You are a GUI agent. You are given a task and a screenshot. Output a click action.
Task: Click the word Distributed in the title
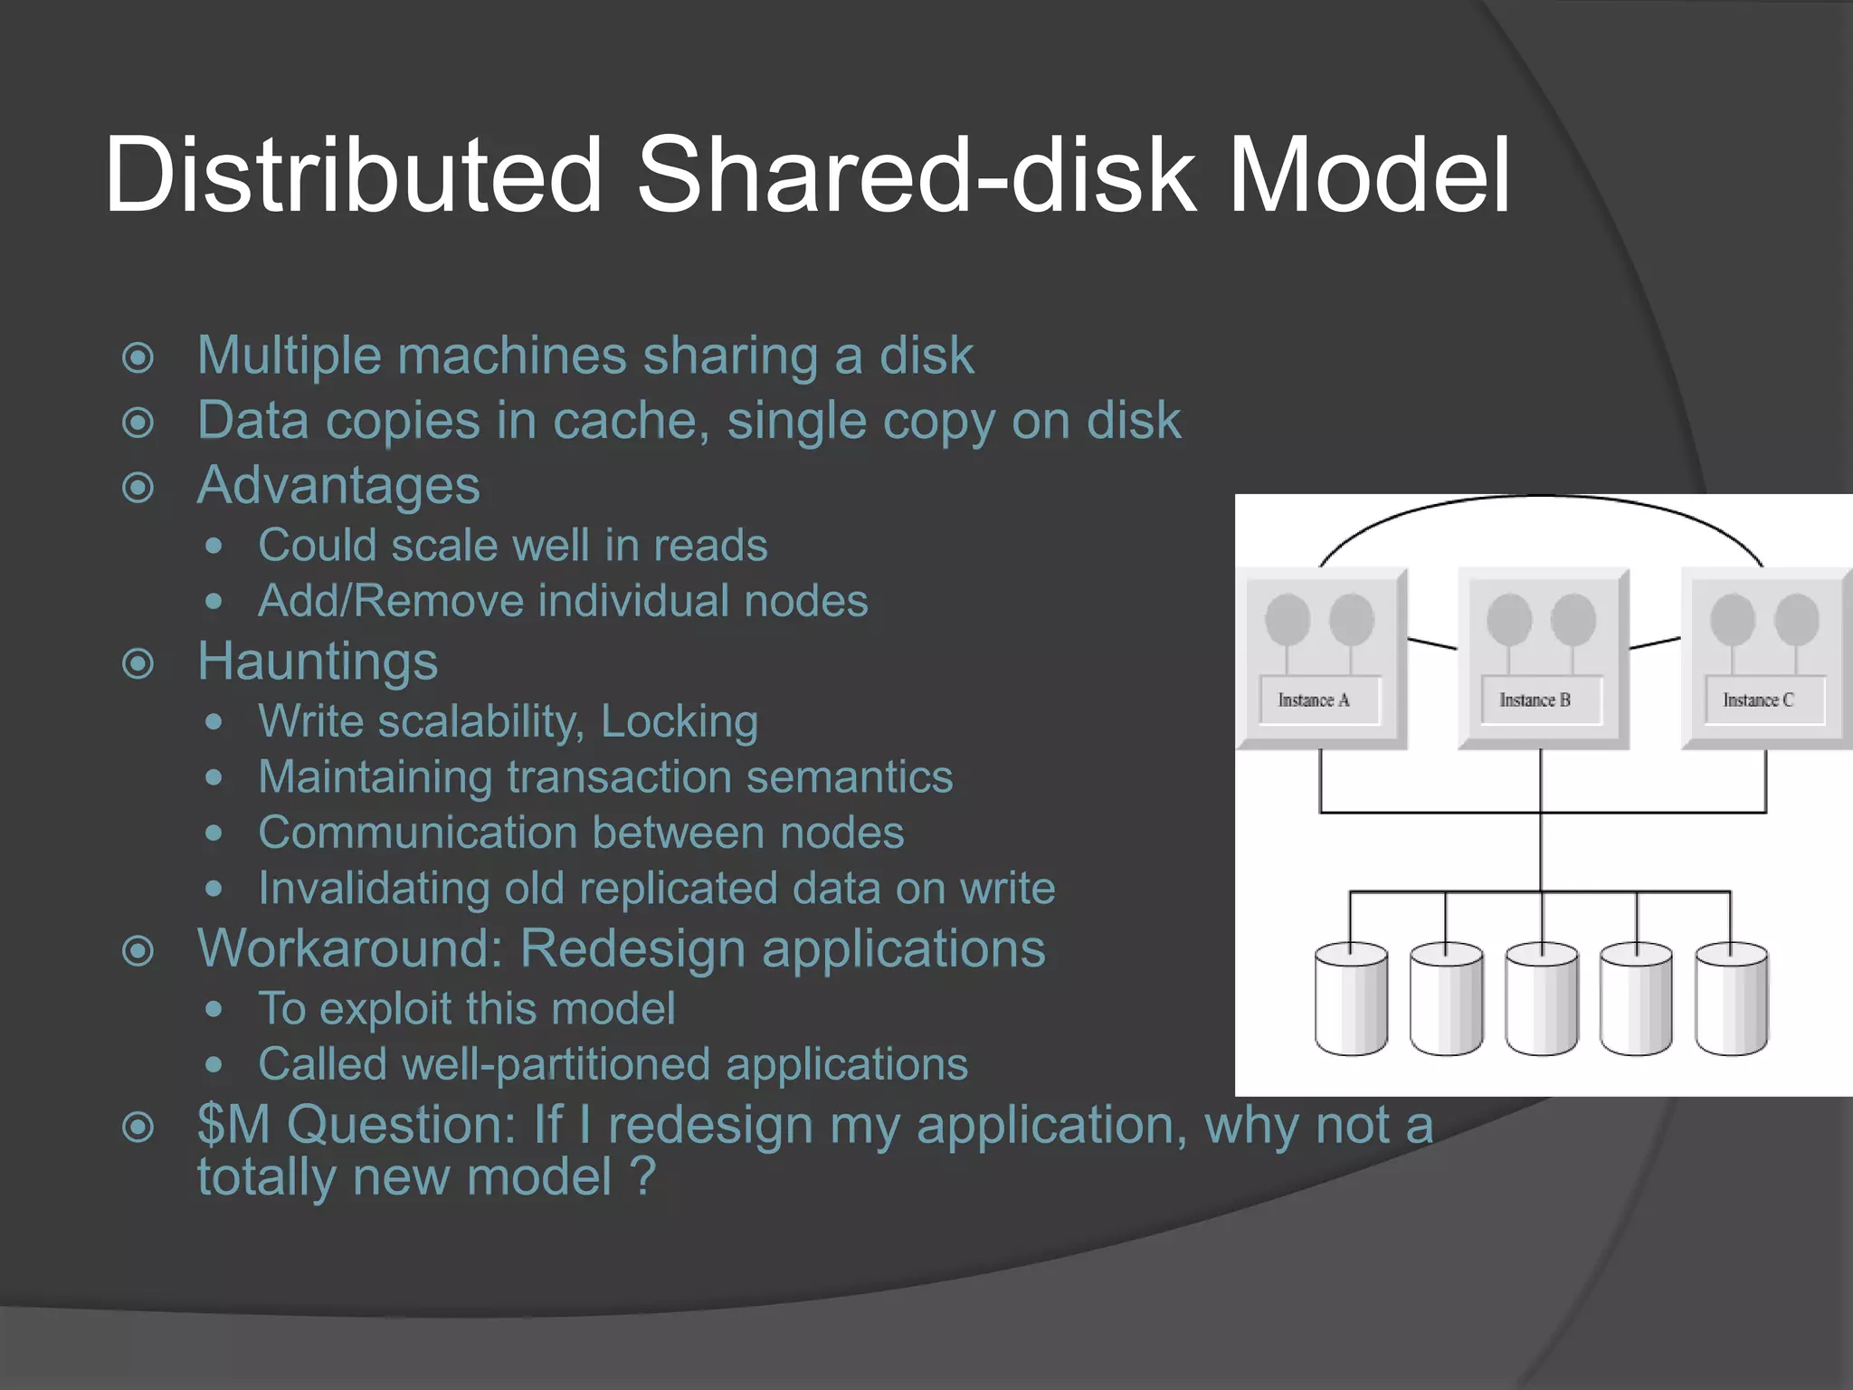click(x=353, y=174)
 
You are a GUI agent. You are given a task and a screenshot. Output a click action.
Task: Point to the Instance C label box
click(x=1763, y=700)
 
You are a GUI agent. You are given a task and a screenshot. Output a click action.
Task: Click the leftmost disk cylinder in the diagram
click(x=1351, y=1000)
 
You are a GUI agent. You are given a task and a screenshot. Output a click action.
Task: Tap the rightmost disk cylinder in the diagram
click(x=1731, y=1000)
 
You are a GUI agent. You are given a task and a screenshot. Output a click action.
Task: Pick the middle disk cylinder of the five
click(x=1541, y=1000)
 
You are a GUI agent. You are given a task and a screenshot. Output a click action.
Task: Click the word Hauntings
click(x=318, y=661)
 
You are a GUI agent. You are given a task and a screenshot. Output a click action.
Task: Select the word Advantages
click(x=338, y=485)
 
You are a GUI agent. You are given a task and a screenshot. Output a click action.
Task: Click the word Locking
click(x=679, y=721)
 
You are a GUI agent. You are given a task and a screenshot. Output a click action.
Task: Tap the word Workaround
click(x=349, y=948)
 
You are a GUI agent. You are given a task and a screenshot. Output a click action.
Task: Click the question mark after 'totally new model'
click(x=641, y=1176)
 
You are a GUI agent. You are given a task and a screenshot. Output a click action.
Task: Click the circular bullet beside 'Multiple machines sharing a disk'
click(x=138, y=357)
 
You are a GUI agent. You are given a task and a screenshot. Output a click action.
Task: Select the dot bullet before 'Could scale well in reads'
click(x=214, y=546)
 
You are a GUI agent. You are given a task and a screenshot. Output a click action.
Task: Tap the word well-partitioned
click(x=556, y=1064)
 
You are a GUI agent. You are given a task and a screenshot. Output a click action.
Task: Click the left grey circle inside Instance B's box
click(x=1509, y=619)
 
